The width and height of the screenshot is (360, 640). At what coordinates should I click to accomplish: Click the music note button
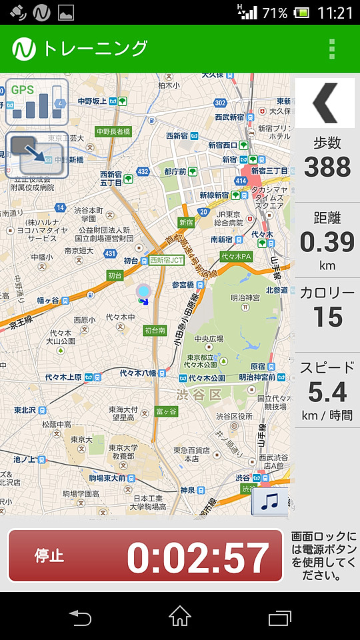coord(269,501)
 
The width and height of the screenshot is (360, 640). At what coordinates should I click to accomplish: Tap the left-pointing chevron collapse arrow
coord(326,102)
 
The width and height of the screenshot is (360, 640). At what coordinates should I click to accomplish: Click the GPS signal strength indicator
coord(37,101)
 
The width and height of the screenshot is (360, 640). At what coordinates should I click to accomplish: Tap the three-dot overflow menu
coord(331,49)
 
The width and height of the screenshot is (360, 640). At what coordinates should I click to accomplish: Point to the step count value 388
coord(327,167)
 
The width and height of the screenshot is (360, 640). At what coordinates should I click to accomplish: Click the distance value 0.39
coord(327,241)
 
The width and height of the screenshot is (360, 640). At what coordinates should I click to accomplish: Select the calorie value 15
coord(327,317)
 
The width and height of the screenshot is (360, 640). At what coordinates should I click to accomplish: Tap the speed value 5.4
coord(327,393)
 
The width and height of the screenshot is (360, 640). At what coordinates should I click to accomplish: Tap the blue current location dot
coord(143,291)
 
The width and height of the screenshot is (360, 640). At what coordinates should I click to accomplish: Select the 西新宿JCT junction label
coord(166,260)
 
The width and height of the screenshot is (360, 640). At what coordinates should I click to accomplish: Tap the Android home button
coord(180,617)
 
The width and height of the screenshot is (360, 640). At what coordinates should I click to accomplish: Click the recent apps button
coord(280,617)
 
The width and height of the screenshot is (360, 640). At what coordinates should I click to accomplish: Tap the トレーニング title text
coord(95,49)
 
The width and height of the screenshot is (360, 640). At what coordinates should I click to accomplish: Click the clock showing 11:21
coord(335,13)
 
